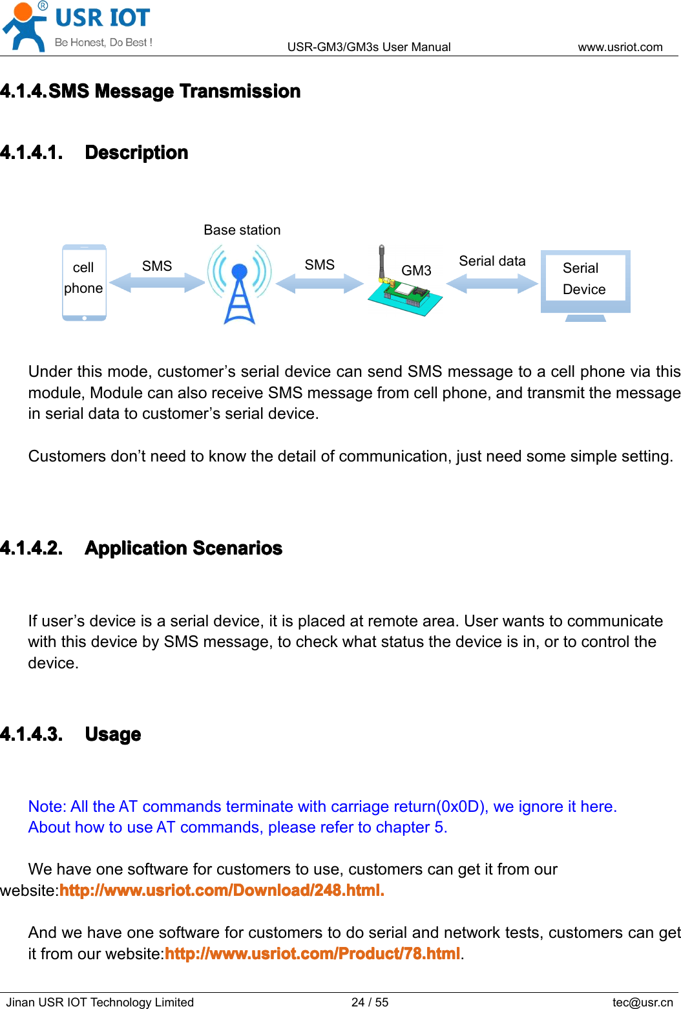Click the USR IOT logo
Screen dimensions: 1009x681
point(78,26)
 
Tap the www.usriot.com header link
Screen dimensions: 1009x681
point(620,47)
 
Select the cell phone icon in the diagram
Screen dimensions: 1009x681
point(84,282)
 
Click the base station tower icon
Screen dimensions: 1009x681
point(240,284)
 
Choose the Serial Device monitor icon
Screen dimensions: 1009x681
point(585,284)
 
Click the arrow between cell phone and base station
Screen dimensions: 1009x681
point(157,282)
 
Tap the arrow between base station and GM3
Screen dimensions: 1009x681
point(319,283)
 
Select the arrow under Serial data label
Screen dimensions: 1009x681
point(492,283)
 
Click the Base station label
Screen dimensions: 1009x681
point(242,230)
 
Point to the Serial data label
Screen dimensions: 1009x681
point(492,261)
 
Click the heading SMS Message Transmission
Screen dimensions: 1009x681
point(174,91)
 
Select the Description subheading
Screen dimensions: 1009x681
point(136,153)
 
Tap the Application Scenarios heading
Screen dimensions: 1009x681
point(183,548)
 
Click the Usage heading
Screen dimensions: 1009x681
point(113,734)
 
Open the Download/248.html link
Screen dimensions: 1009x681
point(222,891)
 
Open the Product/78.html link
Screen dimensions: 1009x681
point(313,954)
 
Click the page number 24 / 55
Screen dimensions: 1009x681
point(370,1002)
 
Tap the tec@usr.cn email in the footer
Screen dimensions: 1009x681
point(642,1002)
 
